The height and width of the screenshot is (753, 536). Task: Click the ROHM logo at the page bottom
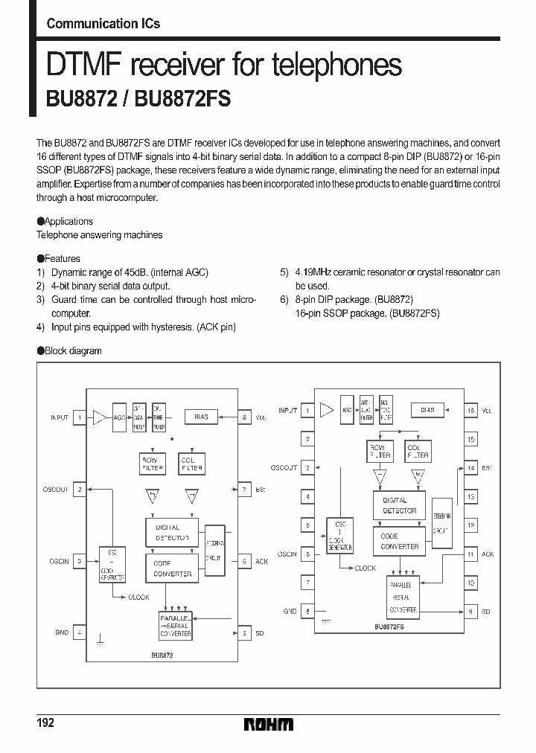[x=268, y=724]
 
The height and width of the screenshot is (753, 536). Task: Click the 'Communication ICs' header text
[x=103, y=24]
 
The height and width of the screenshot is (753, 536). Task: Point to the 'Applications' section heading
[x=68, y=221]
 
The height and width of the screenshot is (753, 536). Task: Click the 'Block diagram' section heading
[x=73, y=350]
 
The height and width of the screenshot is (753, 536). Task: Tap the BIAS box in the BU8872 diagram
[x=201, y=417]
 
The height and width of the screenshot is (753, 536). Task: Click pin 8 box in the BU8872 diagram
[x=243, y=418]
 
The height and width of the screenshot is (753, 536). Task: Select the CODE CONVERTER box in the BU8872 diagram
[x=172, y=569]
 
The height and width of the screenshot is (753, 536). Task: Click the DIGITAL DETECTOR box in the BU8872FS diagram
[x=399, y=506]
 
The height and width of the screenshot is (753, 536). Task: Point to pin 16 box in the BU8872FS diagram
[x=470, y=410]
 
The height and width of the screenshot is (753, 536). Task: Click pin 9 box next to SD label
[x=470, y=612]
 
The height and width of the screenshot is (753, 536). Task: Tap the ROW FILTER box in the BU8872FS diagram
[x=380, y=451]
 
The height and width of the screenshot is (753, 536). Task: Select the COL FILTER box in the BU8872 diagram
[x=192, y=464]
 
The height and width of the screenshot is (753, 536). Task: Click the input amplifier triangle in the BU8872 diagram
[x=100, y=417]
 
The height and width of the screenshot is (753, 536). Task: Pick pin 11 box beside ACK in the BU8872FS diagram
[x=470, y=554]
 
